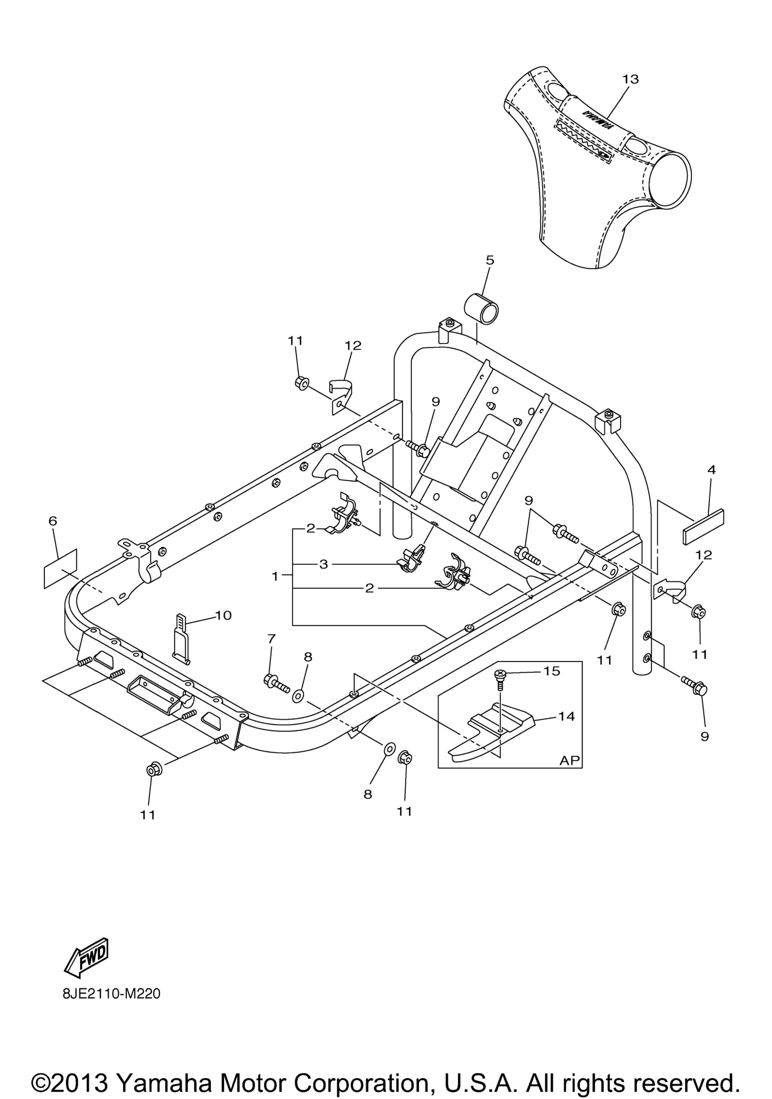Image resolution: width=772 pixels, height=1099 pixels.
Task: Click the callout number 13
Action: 630,80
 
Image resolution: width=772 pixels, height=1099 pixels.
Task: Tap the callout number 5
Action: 490,260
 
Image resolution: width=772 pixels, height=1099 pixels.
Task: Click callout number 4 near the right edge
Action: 711,470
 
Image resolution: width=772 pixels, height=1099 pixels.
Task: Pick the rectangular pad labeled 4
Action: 703,527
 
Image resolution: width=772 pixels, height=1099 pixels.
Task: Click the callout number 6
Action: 53,521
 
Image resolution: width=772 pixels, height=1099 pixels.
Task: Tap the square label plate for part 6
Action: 60,569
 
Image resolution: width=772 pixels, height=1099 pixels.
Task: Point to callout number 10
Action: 224,615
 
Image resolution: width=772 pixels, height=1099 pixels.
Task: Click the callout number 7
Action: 271,638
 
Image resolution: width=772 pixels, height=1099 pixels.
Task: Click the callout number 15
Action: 551,671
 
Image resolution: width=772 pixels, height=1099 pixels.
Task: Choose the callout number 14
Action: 567,716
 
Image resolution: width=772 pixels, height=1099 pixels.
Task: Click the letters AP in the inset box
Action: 570,760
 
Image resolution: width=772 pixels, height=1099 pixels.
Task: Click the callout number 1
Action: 275,577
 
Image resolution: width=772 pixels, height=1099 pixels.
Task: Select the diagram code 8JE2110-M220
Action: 111,994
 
